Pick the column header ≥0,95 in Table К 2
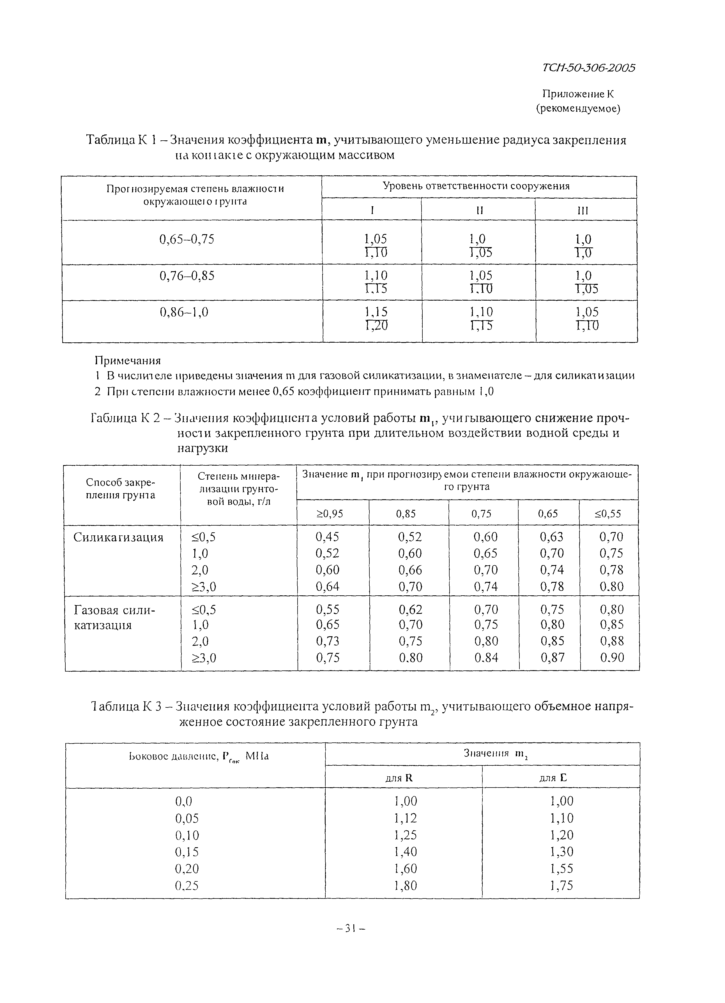tap(330, 514)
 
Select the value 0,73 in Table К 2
tap(328, 641)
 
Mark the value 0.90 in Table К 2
tap(612, 658)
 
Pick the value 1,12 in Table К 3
tap(405, 818)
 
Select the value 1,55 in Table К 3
tap(561, 869)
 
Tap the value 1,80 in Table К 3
tap(405, 885)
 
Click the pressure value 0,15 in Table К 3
tap(187, 852)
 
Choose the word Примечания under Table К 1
tap(128, 360)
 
